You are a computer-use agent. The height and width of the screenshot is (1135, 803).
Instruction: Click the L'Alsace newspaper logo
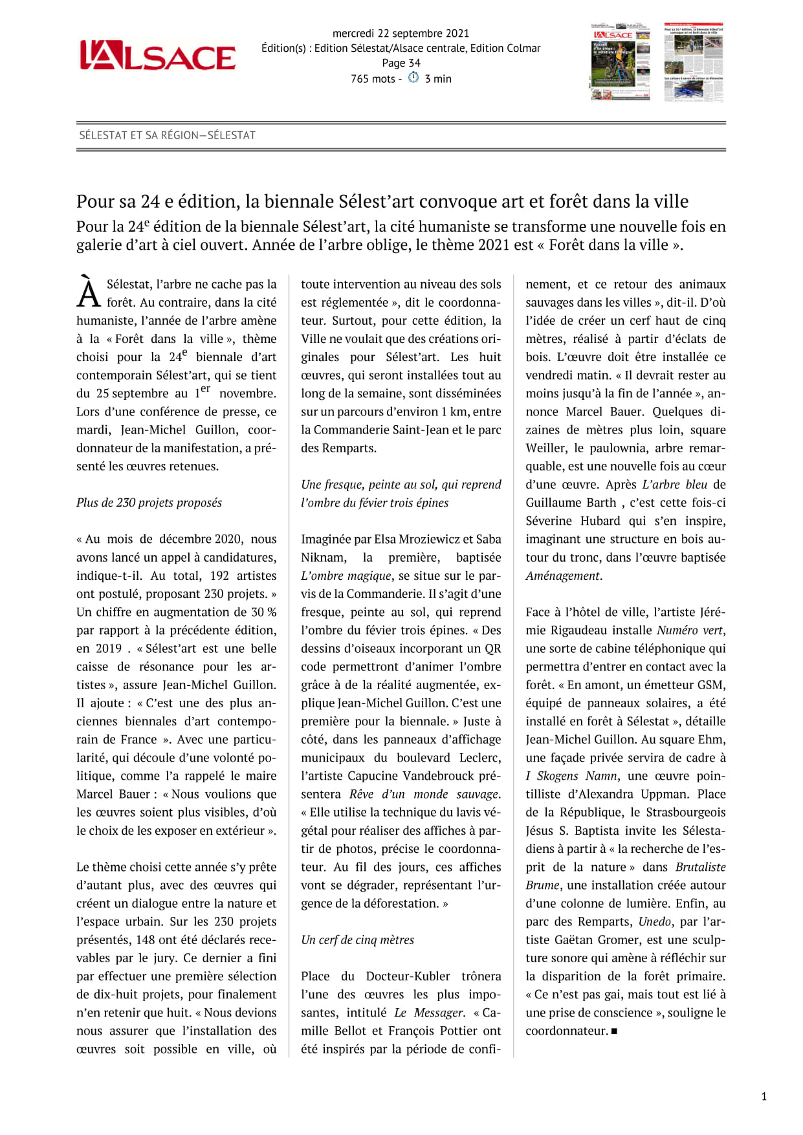tap(157, 56)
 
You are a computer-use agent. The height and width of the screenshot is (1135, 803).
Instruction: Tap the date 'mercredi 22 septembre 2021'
tap(401, 33)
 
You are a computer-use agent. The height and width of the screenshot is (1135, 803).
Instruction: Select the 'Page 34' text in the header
tap(401, 63)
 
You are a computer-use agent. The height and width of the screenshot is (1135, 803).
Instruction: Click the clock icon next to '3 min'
tap(413, 78)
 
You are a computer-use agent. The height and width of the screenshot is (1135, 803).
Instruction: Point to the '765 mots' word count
tap(373, 78)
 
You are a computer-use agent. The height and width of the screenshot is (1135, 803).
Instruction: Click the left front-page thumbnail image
tap(621, 62)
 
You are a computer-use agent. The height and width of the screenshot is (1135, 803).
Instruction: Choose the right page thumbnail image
tap(694, 62)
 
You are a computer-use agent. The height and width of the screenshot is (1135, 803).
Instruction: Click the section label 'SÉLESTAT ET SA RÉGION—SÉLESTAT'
tap(167, 135)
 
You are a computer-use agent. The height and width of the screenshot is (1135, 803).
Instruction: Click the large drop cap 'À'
tap(89, 292)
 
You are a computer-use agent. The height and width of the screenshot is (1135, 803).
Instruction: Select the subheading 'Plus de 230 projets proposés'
tap(149, 503)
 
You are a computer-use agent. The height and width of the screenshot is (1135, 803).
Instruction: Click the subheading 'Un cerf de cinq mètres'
tap(357, 940)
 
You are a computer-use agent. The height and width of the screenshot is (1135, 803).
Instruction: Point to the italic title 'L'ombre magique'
tap(346, 575)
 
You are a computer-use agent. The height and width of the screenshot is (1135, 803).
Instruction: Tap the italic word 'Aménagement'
tap(563, 575)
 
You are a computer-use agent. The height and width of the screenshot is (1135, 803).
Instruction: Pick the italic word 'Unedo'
tap(654, 921)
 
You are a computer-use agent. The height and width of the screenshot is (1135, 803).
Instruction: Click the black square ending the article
tap(614, 1031)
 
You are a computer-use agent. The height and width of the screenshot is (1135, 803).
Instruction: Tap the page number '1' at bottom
tap(764, 1096)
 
